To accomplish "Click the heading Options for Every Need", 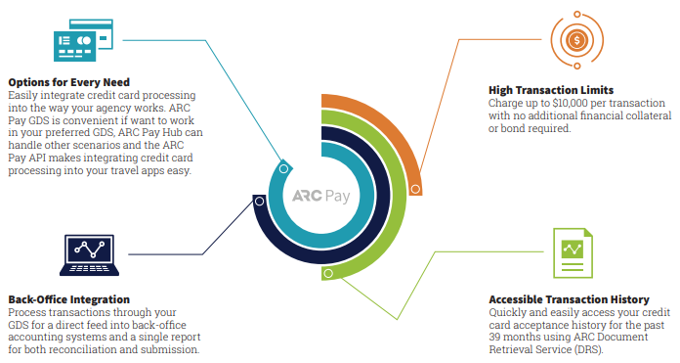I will (x=67, y=81).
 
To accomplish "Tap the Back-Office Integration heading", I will (x=68, y=298).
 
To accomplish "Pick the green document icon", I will (x=572, y=255).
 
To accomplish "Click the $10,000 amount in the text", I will (x=568, y=103).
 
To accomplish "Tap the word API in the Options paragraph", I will (x=52, y=158).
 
